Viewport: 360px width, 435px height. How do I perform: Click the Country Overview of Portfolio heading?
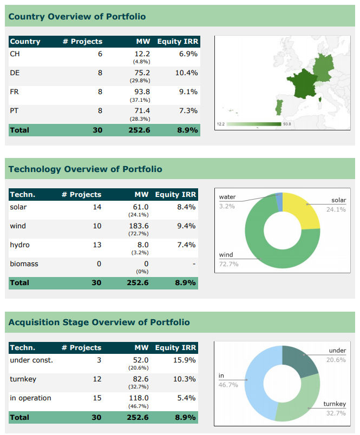pyautogui.click(x=77, y=16)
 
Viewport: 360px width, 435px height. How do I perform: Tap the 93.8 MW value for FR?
pyautogui.click(x=142, y=91)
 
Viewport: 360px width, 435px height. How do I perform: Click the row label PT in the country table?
pyautogui.click(x=15, y=110)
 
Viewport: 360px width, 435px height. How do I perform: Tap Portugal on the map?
pyautogui.click(x=279, y=106)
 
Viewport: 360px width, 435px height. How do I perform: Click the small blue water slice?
pyautogui.click(x=279, y=200)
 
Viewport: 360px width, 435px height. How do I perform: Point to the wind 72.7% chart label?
pyautogui.click(x=228, y=259)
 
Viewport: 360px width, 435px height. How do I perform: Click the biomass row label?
pyautogui.click(x=24, y=263)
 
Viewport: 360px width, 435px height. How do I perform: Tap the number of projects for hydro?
pyautogui.click(x=97, y=245)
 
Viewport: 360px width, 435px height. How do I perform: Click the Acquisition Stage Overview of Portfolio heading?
pyautogui.click(x=99, y=322)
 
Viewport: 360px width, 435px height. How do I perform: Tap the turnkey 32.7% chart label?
pyautogui.click(x=335, y=408)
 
